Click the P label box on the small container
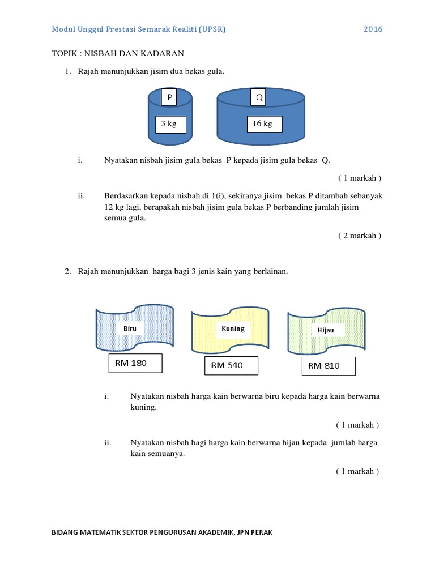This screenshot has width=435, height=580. tap(169, 98)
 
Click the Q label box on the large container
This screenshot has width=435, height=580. tap(259, 98)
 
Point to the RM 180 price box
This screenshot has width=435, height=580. tap(135, 363)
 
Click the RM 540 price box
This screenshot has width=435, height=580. tap(231, 365)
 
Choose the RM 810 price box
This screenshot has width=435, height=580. tap(328, 366)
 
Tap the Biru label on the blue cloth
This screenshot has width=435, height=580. tap(130, 329)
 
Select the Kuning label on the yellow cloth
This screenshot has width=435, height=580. tap(233, 329)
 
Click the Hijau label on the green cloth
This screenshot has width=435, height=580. tap(326, 330)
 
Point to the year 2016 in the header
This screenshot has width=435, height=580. tap(373, 29)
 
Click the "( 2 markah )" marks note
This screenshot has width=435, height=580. tap(360, 236)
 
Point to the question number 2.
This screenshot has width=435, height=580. tap(67, 271)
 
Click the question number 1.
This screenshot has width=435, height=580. tap(67, 71)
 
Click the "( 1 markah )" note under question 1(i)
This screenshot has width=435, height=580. tap(360, 178)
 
